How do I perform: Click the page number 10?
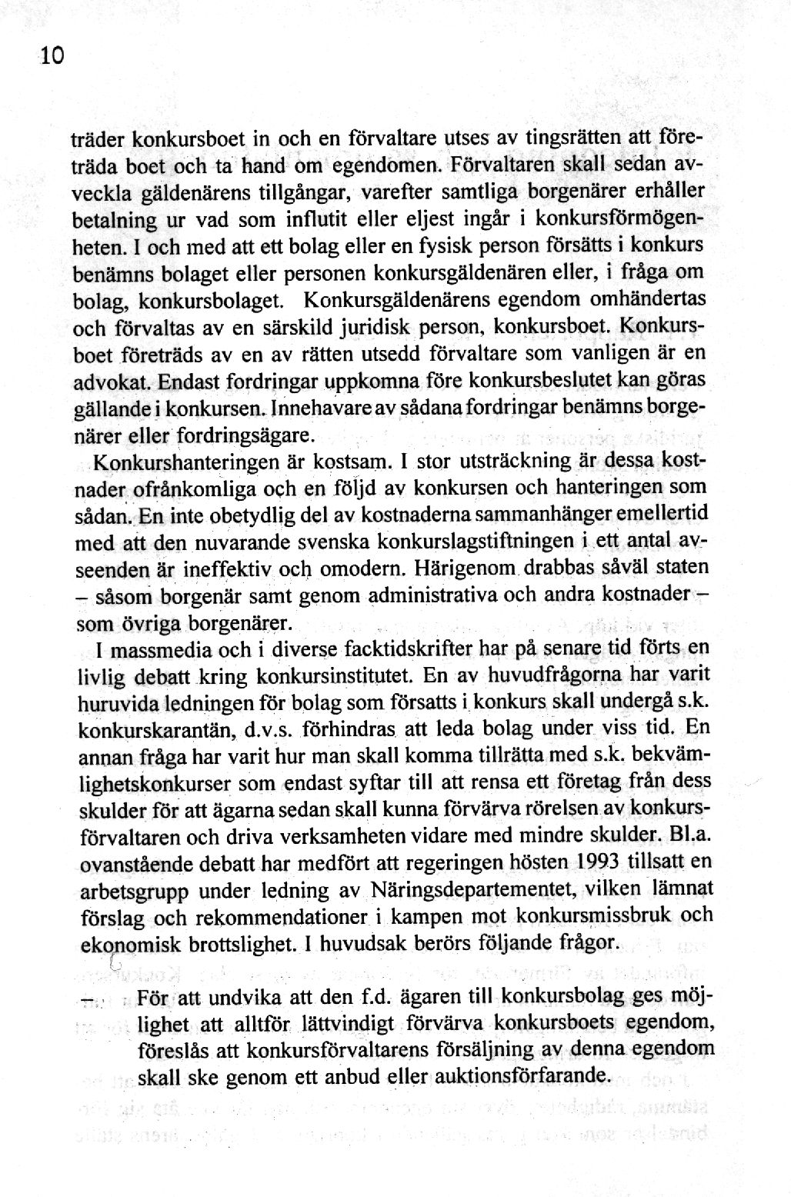pos(52,56)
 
